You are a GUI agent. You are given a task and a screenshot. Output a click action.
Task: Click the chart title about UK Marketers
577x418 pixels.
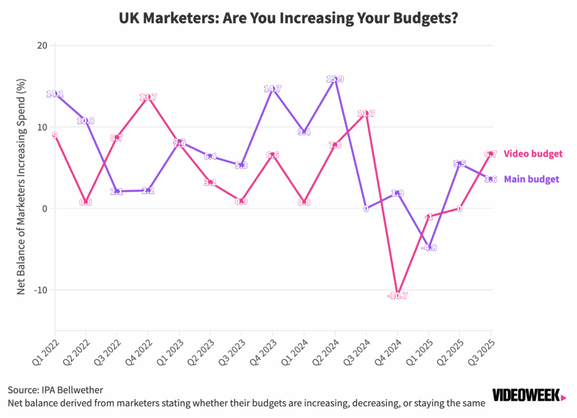pyautogui.click(x=288, y=19)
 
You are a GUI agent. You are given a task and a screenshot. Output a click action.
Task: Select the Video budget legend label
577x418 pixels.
pyautogui.click(x=533, y=153)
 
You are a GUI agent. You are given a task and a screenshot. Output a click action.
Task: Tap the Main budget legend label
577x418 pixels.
pyautogui.click(x=531, y=179)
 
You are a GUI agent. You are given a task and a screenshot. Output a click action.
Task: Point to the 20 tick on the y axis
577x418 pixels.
pyautogui.click(x=42, y=45)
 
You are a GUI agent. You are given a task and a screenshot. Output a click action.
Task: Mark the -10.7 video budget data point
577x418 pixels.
pyautogui.click(x=397, y=295)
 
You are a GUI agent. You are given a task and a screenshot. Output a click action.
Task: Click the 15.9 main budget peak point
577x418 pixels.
pyautogui.click(x=335, y=79)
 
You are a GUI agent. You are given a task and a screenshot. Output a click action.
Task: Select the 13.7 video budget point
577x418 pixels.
pyautogui.click(x=148, y=97)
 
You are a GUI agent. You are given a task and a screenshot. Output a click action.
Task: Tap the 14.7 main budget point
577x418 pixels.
pyautogui.click(x=273, y=89)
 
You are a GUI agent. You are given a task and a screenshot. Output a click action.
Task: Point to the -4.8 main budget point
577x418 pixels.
pyautogui.click(x=428, y=247)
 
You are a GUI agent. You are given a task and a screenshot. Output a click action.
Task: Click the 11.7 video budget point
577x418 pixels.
pyautogui.click(x=366, y=113)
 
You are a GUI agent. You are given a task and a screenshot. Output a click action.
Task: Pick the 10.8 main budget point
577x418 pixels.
pyautogui.click(x=86, y=121)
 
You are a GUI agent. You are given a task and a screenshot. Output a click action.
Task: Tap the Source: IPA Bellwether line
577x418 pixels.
pyautogui.click(x=56, y=389)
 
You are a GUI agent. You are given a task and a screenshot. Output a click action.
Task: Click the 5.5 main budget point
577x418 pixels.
pyautogui.click(x=459, y=164)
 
